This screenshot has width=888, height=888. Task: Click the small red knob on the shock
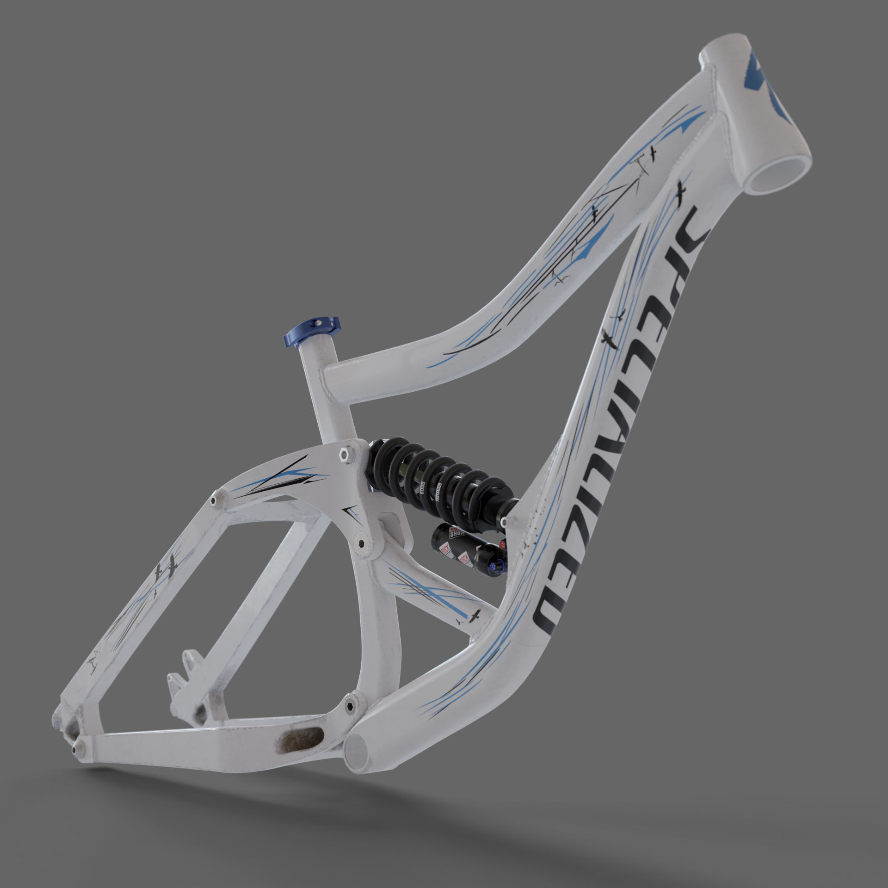click(x=502, y=546)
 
